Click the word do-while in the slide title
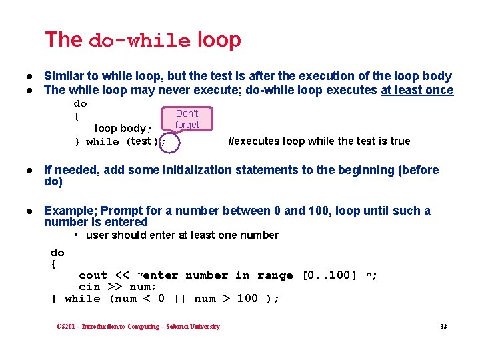pos(139,41)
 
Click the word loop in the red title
pos(219,40)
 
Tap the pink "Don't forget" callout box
pos(187,119)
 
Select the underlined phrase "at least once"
pos(417,90)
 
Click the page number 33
pos(443,326)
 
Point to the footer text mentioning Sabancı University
pos(138,326)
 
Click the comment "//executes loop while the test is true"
pos(319,141)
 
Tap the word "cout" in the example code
pos(93,275)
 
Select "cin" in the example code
pos(89,287)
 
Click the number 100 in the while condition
pos(247,299)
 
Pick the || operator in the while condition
pos(179,299)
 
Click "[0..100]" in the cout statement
pos(330,275)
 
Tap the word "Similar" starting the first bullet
pos(64,77)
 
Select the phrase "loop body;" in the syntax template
pos(123,128)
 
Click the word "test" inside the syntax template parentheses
pos(140,141)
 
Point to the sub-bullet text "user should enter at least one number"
pos(181,235)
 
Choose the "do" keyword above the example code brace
pos(57,253)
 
